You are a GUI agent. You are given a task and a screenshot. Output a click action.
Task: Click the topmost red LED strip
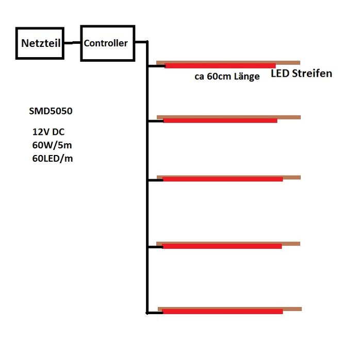pos(220,65)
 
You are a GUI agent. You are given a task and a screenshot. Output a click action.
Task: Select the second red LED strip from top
pos(220,121)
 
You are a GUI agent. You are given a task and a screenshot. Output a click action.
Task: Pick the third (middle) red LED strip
pos(223,179)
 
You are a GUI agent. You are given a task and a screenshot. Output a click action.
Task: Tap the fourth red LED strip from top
pos(222,246)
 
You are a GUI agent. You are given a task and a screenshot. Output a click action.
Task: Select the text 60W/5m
pos(52,145)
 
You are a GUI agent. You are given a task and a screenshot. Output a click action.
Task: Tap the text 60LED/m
pos(53,159)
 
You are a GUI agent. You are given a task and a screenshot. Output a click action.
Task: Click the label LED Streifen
pos(302,74)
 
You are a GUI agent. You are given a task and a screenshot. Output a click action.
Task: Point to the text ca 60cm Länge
pos(227,77)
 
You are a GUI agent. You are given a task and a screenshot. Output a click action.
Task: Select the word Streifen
pos(312,74)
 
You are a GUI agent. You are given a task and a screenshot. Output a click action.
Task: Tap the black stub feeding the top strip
pos(156,65)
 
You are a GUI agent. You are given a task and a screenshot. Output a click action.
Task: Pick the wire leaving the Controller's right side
pos(141,42)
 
